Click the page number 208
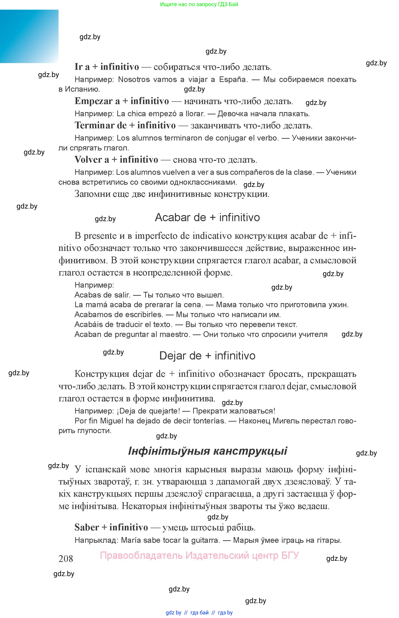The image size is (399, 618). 66,559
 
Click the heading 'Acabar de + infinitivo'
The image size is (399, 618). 207,217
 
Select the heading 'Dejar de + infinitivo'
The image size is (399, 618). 207,356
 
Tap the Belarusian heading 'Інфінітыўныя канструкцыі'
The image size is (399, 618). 208,451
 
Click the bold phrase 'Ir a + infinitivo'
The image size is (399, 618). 107,67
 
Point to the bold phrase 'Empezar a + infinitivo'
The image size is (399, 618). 122,101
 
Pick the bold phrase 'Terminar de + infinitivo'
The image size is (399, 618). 125,125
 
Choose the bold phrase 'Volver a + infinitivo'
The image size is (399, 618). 116,160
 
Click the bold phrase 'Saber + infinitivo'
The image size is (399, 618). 111,527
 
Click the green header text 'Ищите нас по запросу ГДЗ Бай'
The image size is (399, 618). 199,5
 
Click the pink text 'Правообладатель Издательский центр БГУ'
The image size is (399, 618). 199,555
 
